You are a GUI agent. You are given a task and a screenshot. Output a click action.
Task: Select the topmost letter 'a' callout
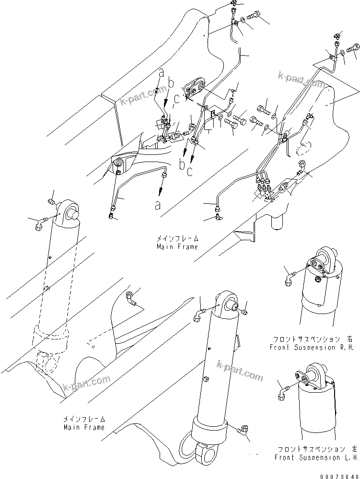[162, 73]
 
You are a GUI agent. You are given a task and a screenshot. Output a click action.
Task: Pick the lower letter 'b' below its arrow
[182, 164]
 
